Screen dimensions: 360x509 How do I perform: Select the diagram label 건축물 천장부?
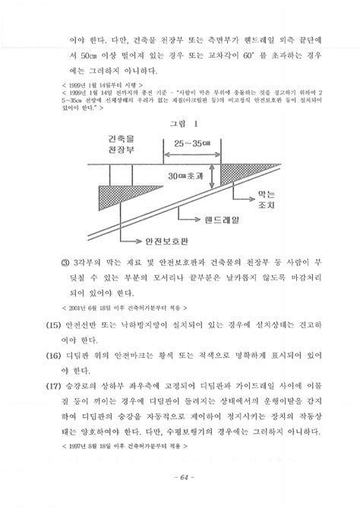click(119, 147)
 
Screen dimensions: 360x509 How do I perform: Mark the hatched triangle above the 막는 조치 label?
click(232, 175)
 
